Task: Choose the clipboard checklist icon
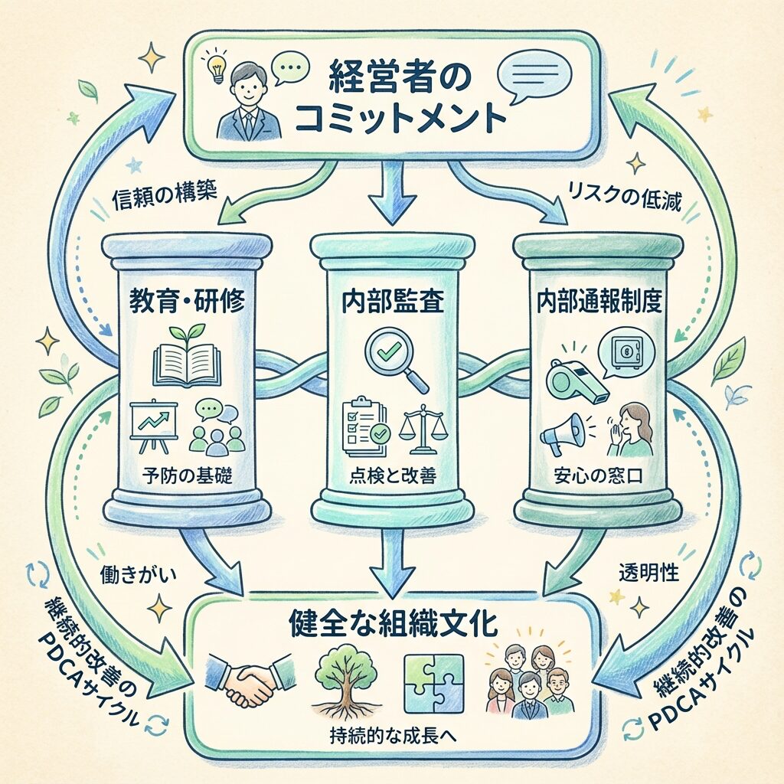362,423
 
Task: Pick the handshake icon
250,679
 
